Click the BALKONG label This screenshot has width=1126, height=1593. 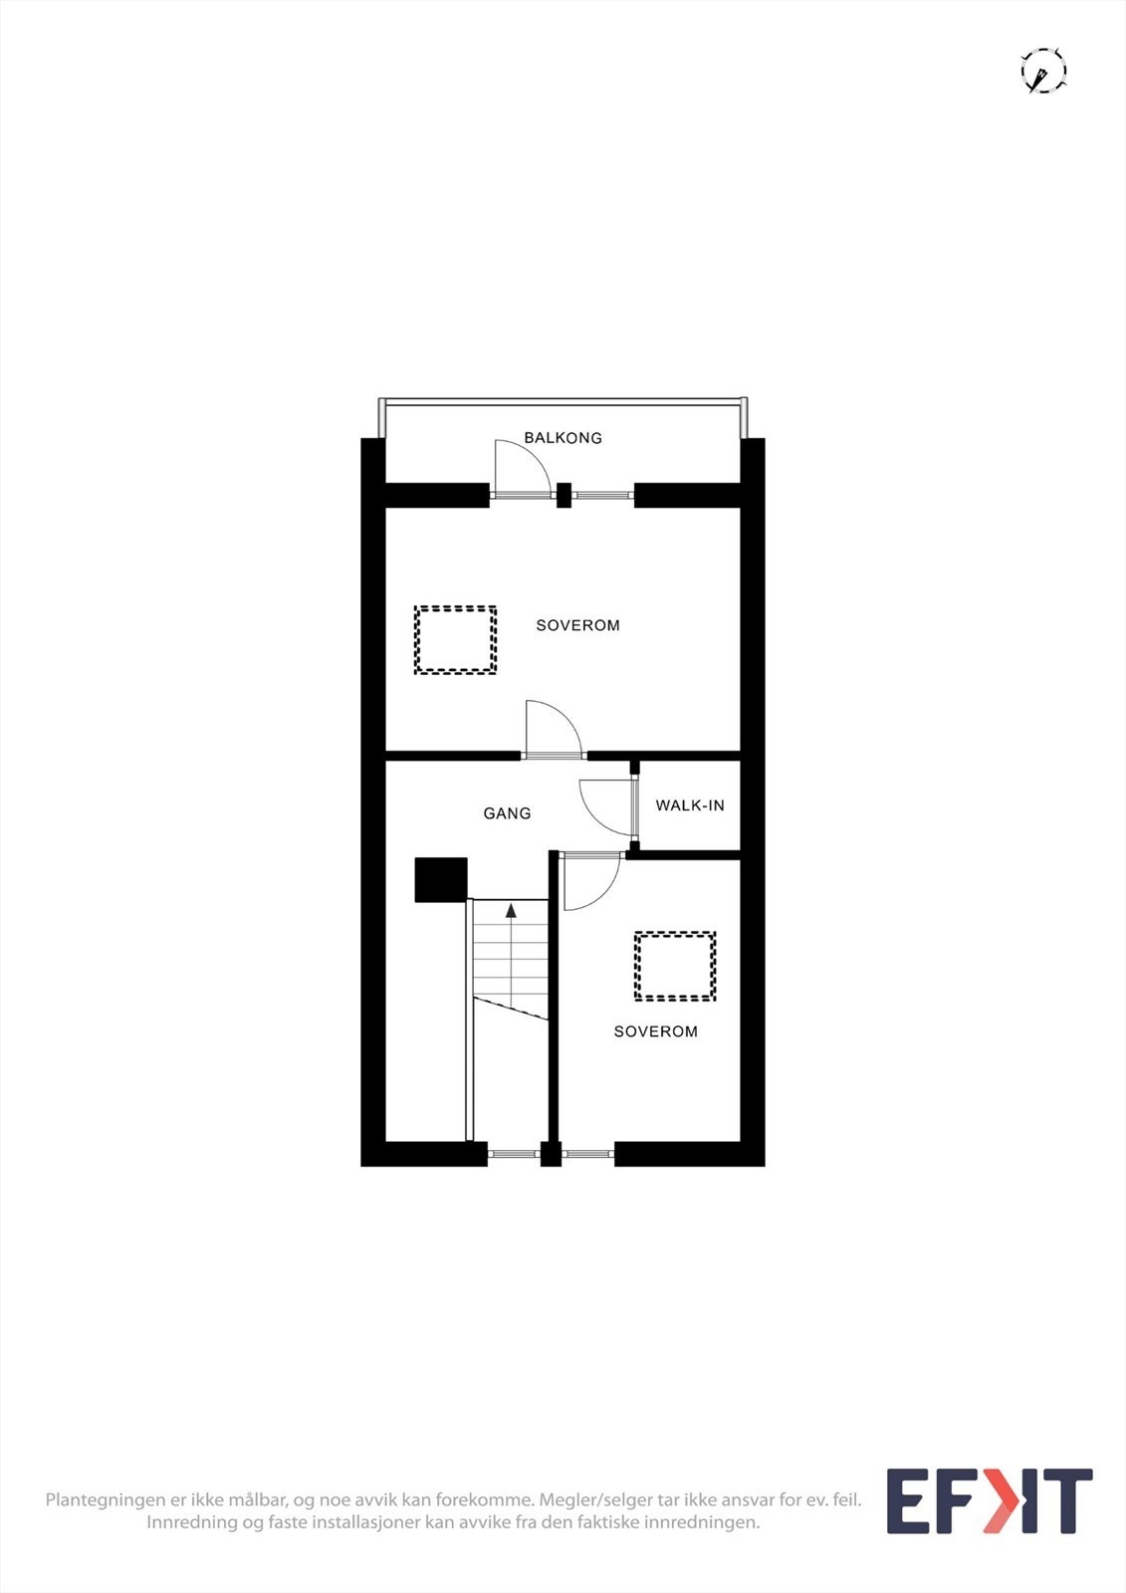563,438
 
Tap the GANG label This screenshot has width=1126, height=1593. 507,812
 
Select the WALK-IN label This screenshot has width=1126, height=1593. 690,805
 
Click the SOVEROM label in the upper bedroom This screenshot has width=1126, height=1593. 577,625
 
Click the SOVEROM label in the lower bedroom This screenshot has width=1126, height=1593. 656,1031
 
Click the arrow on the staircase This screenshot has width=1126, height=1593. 511,910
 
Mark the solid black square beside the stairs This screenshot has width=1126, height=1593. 441,880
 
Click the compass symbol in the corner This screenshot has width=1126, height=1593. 1043,71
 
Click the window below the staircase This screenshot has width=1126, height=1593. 514,1154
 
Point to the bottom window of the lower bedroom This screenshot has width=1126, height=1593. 587,1154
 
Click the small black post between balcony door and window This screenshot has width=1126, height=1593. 563,495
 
